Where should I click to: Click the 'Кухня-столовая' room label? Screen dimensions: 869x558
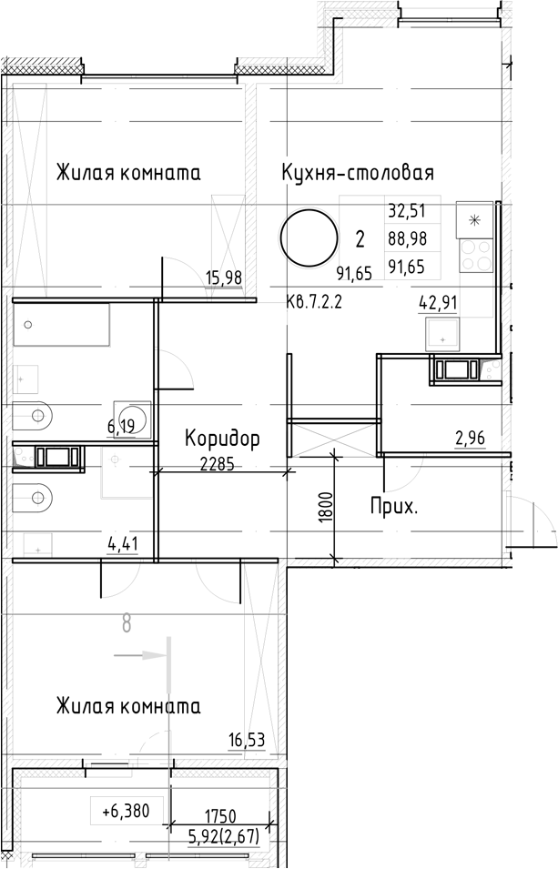click(357, 173)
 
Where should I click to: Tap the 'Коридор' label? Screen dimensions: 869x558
click(222, 439)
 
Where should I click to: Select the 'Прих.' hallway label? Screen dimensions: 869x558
click(394, 507)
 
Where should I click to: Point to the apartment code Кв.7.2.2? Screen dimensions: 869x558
click(312, 302)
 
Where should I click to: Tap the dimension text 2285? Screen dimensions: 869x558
click(217, 462)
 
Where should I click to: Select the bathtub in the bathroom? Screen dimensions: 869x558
click(61, 326)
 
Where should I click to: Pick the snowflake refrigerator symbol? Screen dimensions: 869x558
click(473, 218)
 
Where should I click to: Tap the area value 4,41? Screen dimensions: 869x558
click(123, 546)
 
